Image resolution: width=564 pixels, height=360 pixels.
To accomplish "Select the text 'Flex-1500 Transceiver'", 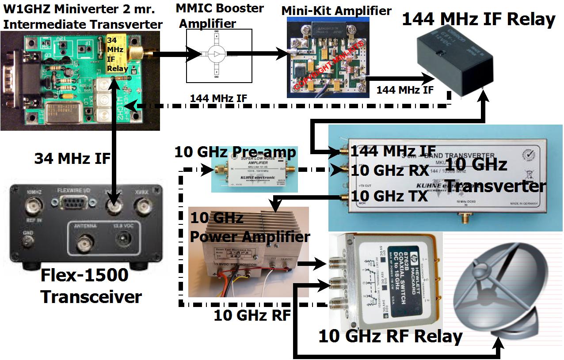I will pyautogui.click(x=91, y=286).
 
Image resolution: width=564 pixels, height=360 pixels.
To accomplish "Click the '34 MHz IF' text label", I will pyautogui.click(x=72, y=158).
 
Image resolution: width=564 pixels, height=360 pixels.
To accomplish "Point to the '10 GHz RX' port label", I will pyautogui.click(x=389, y=171).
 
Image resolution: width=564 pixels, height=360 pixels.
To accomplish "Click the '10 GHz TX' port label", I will pyautogui.click(x=389, y=195).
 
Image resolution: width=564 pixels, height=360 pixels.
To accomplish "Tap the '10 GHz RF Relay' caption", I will pyautogui.click(x=390, y=337).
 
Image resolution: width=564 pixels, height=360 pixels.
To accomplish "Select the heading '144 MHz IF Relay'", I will pyautogui.click(x=478, y=19).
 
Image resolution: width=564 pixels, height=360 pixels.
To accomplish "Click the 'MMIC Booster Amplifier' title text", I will pyautogui.click(x=219, y=15).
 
